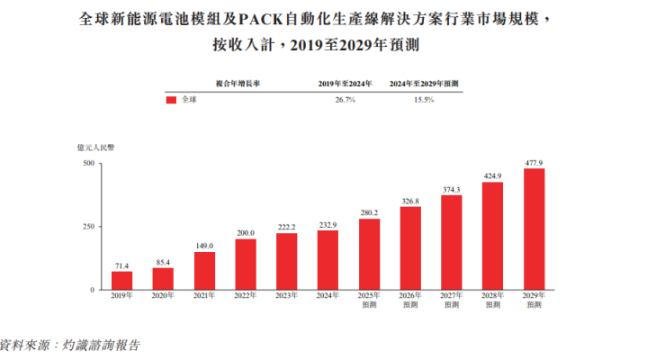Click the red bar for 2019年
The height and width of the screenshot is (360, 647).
(x=122, y=280)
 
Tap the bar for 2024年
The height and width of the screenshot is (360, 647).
(x=328, y=259)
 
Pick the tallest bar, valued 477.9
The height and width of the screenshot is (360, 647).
(x=534, y=229)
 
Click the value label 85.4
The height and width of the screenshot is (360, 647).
(x=163, y=263)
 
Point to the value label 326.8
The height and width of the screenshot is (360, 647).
(x=410, y=201)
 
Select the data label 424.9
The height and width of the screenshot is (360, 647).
(x=493, y=175)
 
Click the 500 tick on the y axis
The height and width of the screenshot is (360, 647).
(x=88, y=163)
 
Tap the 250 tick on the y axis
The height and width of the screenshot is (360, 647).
(x=88, y=226)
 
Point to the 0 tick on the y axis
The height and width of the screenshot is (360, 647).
(x=92, y=290)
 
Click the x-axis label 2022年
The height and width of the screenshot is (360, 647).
(x=246, y=296)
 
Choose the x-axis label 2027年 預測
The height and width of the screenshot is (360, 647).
(x=452, y=301)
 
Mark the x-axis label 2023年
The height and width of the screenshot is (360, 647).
(x=287, y=296)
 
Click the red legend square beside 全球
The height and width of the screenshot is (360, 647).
(x=171, y=100)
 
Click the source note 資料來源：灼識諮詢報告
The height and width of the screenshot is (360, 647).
(x=72, y=344)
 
